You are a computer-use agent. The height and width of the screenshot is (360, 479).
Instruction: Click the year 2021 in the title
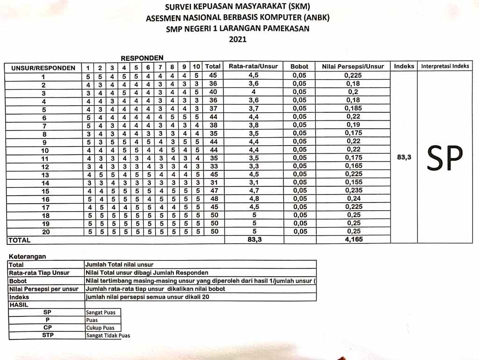pyautogui.click(x=238, y=40)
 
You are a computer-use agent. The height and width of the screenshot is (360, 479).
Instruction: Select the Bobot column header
pyautogui.click(x=299, y=67)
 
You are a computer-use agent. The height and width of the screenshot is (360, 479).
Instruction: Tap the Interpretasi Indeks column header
pyautogui.click(x=445, y=66)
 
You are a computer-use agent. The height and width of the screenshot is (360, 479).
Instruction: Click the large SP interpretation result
pyautogui.click(x=445, y=158)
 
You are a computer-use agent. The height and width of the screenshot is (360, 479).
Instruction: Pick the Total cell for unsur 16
pyautogui.click(x=213, y=198)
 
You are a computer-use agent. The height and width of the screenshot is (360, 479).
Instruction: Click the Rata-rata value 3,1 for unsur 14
pyautogui.click(x=254, y=182)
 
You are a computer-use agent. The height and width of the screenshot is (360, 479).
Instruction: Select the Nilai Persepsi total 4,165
pyautogui.click(x=353, y=239)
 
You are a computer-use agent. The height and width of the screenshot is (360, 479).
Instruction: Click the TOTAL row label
pyautogui.click(x=20, y=240)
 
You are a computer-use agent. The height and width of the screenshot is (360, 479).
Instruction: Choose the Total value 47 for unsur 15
pyautogui.click(x=213, y=191)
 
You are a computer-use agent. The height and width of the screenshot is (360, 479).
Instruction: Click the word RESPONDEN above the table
pyautogui.click(x=142, y=58)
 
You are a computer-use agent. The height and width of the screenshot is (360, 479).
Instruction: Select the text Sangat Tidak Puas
pyautogui.click(x=108, y=335)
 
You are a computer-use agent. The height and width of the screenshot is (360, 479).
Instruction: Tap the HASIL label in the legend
pyautogui.click(x=19, y=304)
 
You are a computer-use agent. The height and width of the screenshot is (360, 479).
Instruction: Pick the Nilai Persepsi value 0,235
pyautogui.click(x=353, y=191)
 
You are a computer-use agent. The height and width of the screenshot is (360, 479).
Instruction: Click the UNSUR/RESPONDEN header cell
pyautogui.click(x=43, y=68)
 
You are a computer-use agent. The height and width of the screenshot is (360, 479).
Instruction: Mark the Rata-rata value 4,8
pyautogui.click(x=254, y=198)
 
